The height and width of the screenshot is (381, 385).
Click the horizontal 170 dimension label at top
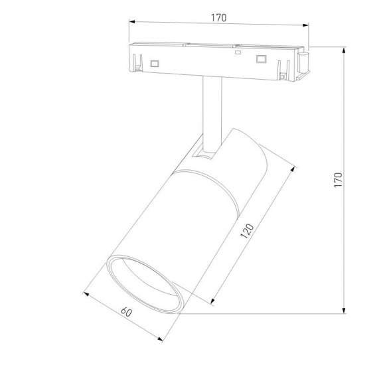219,18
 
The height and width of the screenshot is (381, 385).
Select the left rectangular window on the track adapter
155,64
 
